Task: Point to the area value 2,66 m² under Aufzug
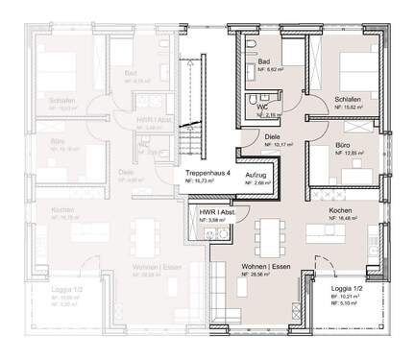256,186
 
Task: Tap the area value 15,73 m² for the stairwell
199,180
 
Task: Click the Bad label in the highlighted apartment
264,60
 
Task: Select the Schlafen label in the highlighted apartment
350,99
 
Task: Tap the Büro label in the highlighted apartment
344,143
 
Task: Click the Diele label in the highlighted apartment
273,137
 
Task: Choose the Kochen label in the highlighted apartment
343,209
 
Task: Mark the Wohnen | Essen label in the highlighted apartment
263,265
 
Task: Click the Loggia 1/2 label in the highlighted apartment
346,288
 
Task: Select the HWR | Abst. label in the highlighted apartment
212,210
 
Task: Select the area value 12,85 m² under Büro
345,153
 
